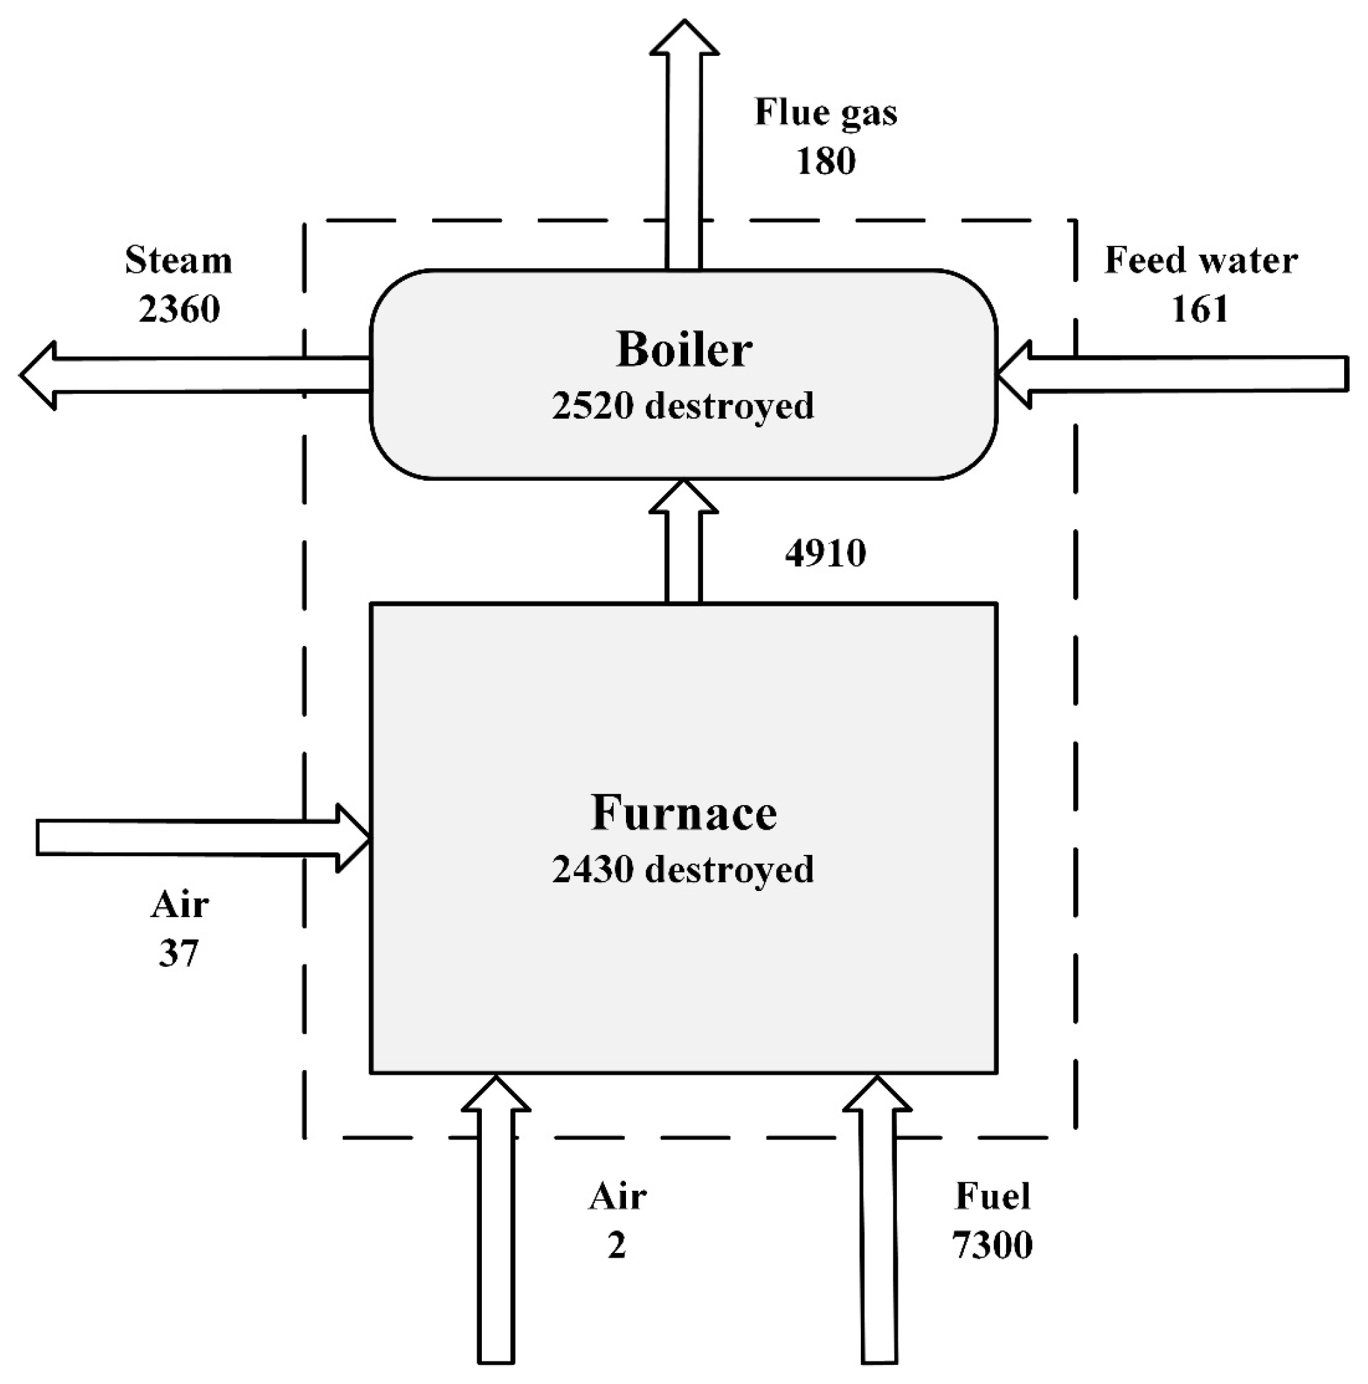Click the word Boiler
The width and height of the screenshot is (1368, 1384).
[683, 350]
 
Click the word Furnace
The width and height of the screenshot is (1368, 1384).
[683, 814]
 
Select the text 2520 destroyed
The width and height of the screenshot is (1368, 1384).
[683, 406]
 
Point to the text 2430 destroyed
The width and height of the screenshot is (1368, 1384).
[683, 870]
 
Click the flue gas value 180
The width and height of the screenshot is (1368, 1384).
[825, 161]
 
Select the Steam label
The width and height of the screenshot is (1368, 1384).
[178, 261]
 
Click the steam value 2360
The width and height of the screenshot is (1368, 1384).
[178, 309]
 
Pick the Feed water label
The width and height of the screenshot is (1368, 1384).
[1200, 261]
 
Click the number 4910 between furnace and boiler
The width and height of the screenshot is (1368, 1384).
[825, 554]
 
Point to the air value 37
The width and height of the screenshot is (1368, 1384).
[178, 953]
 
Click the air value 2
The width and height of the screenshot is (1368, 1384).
[616, 1246]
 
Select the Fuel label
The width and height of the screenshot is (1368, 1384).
[993, 1197]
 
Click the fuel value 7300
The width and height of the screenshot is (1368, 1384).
[993, 1246]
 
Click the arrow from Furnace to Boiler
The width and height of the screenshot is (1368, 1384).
[683, 544]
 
